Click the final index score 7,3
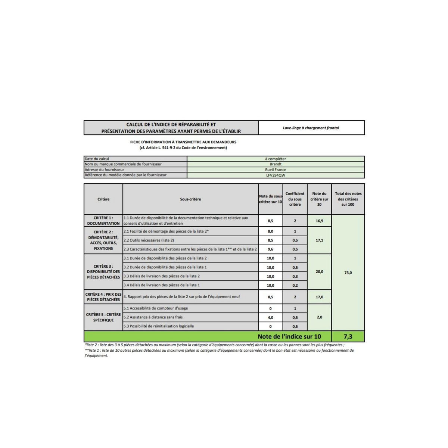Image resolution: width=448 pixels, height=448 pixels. tap(348, 336)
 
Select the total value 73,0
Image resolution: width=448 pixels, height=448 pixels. tap(348, 273)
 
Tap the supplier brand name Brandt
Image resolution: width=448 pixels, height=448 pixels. tap(276, 164)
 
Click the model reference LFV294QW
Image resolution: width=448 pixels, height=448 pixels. tap(276, 175)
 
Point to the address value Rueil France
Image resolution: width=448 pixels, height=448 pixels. tap(276, 169)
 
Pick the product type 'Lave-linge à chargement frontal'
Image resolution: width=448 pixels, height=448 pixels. tap(311, 128)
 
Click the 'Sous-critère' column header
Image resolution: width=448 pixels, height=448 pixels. tap(190, 199)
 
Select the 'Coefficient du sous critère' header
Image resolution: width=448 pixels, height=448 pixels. tap(295, 199)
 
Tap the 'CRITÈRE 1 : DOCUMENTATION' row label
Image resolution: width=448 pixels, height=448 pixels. tap(103, 221)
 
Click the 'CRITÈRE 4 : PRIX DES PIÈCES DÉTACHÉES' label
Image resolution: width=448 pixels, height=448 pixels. tap(103, 297)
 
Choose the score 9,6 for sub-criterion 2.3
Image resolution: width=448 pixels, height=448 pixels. tap(270, 249)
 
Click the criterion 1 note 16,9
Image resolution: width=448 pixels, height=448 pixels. tap(319, 221)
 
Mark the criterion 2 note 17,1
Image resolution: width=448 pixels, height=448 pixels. tap(319, 240)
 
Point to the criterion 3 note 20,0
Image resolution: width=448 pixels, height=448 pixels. tap(319, 272)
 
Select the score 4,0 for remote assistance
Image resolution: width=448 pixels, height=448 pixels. tap(270, 318)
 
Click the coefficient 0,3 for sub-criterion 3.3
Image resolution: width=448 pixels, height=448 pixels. tap(295, 277)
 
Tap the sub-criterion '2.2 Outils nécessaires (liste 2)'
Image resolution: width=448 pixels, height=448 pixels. tap(149, 240)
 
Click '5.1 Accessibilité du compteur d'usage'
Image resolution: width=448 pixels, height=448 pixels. tap(156, 308)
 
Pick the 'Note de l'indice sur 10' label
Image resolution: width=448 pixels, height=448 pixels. tap(289, 336)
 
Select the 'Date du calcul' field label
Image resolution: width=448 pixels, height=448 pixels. tap(97, 159)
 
